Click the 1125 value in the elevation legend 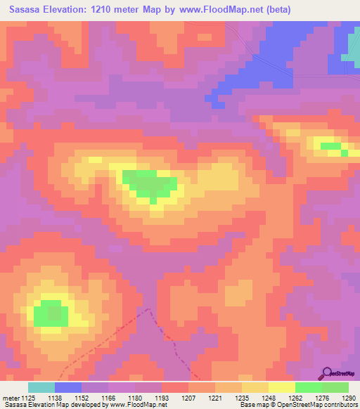(28, 398)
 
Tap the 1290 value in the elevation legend (349, 398)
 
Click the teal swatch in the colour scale (41, 387)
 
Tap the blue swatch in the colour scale (68, 387)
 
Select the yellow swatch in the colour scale (282, 387)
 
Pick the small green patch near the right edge (331, 146)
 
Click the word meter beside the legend (10, 398)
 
